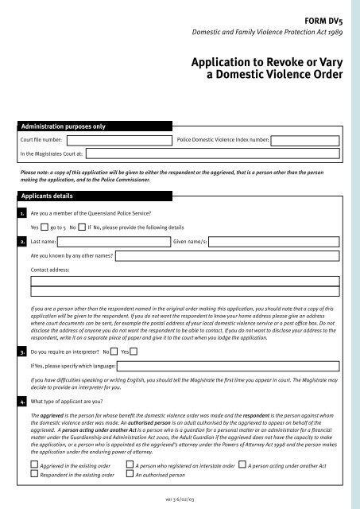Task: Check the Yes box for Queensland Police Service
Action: [45, 227]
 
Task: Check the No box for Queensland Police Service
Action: [82, 227]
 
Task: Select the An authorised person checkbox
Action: [130, 475]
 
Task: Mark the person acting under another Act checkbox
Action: [242, 464]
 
